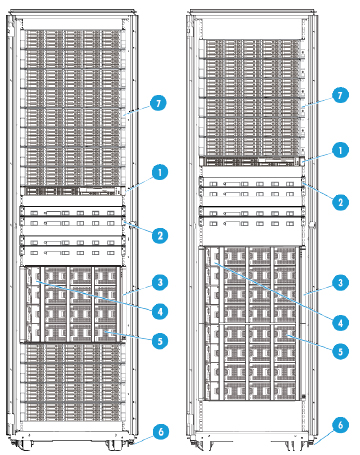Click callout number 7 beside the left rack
(157, 103)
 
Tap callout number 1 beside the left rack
(157, 171)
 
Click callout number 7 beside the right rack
(341, 94)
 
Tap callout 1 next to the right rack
(341, 148)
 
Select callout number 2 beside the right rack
(341, 201)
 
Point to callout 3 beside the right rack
(341, 283)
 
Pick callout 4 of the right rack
(341, 323)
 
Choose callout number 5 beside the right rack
(341, 351)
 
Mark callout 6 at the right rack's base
(341, 424)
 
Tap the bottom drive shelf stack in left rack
(74, 386)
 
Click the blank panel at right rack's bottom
(253, 416)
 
